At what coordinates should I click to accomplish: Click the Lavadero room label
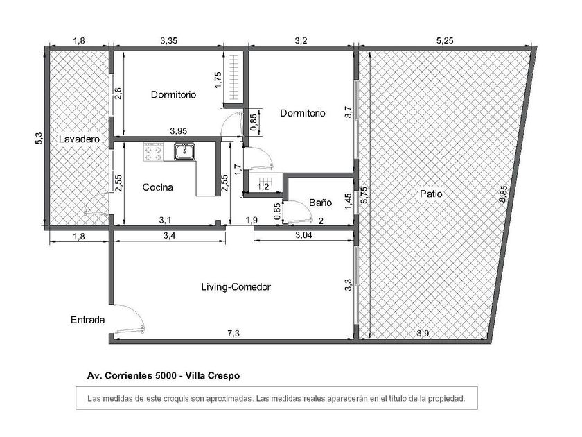80,139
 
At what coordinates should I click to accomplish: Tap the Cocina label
158,187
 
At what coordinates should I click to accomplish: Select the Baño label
320,203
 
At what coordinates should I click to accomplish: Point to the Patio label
431,194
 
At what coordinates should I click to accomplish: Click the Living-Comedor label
236,287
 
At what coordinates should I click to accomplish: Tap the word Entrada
87,320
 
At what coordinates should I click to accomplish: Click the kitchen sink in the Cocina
184,151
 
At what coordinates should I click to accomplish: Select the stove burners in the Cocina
154,152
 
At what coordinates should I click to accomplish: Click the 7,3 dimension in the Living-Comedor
233,334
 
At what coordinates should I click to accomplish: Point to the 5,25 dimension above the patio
445,41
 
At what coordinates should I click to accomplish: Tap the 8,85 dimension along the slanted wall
503,194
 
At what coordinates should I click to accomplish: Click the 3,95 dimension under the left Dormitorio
179,131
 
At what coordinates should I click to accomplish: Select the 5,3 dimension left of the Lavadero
39,139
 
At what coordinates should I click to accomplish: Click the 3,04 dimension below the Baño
303,235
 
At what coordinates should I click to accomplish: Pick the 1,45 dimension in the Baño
348,201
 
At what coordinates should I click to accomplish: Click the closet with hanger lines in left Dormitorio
233,78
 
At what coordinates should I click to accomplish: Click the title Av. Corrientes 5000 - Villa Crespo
164,376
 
